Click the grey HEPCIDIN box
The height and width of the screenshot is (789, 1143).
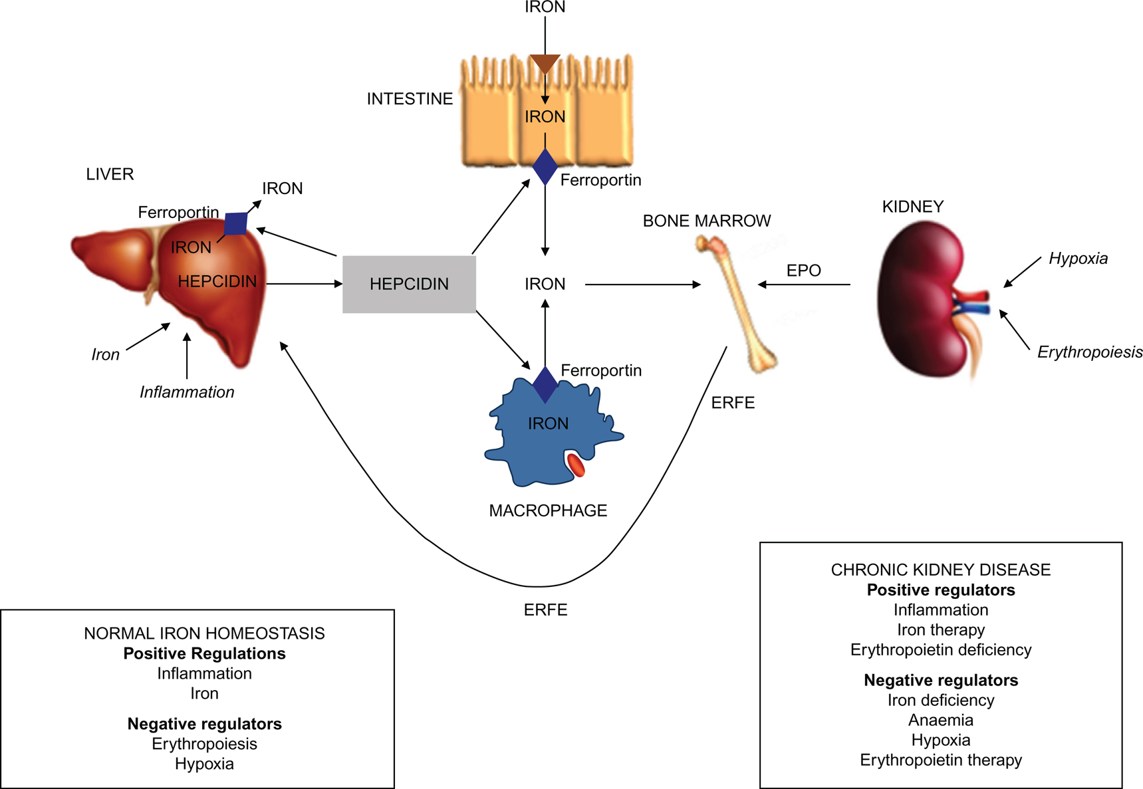pyautogui.click(x=409, y=284)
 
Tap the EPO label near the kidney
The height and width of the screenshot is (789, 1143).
pyautogui.click(x=803, y=271)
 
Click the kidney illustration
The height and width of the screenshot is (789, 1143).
pyautogui.click(x=921, y=299)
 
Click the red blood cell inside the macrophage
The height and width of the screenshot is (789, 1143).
pyautogui.click(x=576, y=465)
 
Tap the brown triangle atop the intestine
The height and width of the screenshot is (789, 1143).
pyautogui.click(x=545, y=64)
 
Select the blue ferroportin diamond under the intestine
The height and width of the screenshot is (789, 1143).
pyautogui.click(x=545, y=167)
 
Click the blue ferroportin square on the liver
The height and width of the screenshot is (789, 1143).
pyautogui.click(x=236, y=223)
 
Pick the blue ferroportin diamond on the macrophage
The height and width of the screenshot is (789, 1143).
pyautogui.click(x=545, y=384)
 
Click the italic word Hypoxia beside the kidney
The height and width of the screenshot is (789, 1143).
pyautogui.click(x=1078, y=259)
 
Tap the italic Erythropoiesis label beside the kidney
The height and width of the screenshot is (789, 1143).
pyautogui.click(x=1089, y=352)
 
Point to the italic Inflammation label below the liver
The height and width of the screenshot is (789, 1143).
pyautogui.click(x=187, y=392)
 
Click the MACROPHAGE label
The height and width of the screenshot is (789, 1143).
pyautogui.click(x=548, y=510)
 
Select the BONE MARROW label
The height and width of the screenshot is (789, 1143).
pyautogui.click(x=707, y=221)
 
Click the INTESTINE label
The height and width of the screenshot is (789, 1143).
pyautogui.click(x=410, y=99)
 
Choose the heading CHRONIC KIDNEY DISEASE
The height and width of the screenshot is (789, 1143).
pyautogui.click(x=940, y=570)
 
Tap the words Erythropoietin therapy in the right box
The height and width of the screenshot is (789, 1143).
pyautogui.click(x=940, y=760)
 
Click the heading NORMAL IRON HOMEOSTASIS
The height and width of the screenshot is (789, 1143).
pyautogui.click(x=204, y=633)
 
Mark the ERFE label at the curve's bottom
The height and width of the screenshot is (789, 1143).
pyautogui.click(x=545, y=610)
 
